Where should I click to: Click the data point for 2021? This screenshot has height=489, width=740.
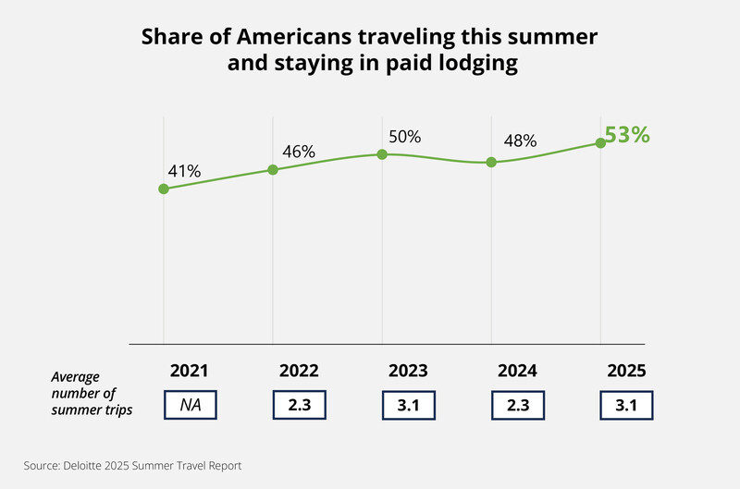coord(164,189)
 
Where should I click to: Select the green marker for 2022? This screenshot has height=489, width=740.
coord(273,169)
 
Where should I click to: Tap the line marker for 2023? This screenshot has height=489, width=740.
coord(382,154)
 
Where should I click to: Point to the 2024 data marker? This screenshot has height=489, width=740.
coord(491,162)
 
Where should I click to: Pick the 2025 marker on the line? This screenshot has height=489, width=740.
coord(600,142)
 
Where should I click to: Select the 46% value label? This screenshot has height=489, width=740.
coord(299,151)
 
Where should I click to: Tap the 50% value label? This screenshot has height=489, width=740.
coord(404,137)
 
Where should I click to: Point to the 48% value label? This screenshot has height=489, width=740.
coord(520,141)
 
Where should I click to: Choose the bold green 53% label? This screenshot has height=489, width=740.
coord(627,135)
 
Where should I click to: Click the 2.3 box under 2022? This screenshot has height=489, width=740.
coord(300,406)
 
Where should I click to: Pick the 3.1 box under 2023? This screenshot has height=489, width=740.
coord(409,406)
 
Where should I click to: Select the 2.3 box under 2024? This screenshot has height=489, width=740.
coord(518,406)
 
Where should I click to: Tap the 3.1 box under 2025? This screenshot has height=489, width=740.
coord(627,406)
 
